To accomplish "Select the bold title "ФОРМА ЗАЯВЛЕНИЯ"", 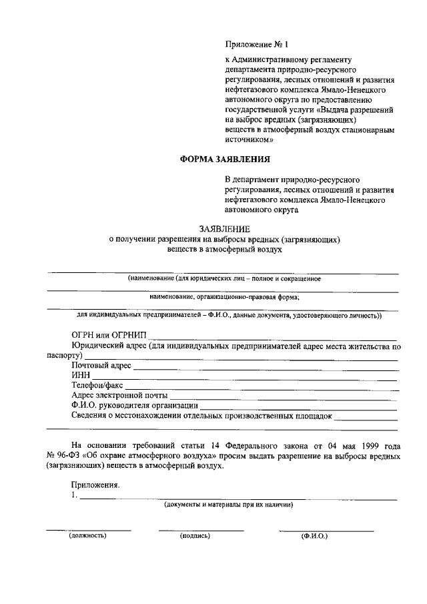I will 225,160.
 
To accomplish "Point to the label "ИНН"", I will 81,376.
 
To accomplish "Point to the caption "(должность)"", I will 88,535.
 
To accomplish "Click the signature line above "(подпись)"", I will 201,530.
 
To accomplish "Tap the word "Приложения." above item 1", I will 95,486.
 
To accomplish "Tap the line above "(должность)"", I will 88,530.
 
